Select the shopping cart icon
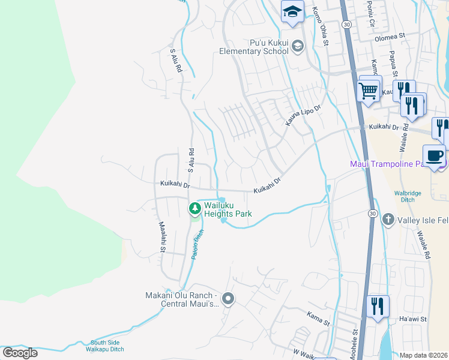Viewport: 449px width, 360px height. click(369, 91)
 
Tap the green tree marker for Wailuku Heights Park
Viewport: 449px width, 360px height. click(194, 209)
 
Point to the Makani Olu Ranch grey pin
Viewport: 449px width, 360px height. click(228, 298)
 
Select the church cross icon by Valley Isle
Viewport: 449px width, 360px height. click(388, 220)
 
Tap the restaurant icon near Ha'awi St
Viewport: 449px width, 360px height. click(377, 306)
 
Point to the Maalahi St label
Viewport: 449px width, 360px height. click(161, 236)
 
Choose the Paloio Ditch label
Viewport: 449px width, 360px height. click(195, 246)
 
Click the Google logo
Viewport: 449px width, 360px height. click(20, 353)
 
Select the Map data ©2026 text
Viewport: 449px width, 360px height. click(424, 355)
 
